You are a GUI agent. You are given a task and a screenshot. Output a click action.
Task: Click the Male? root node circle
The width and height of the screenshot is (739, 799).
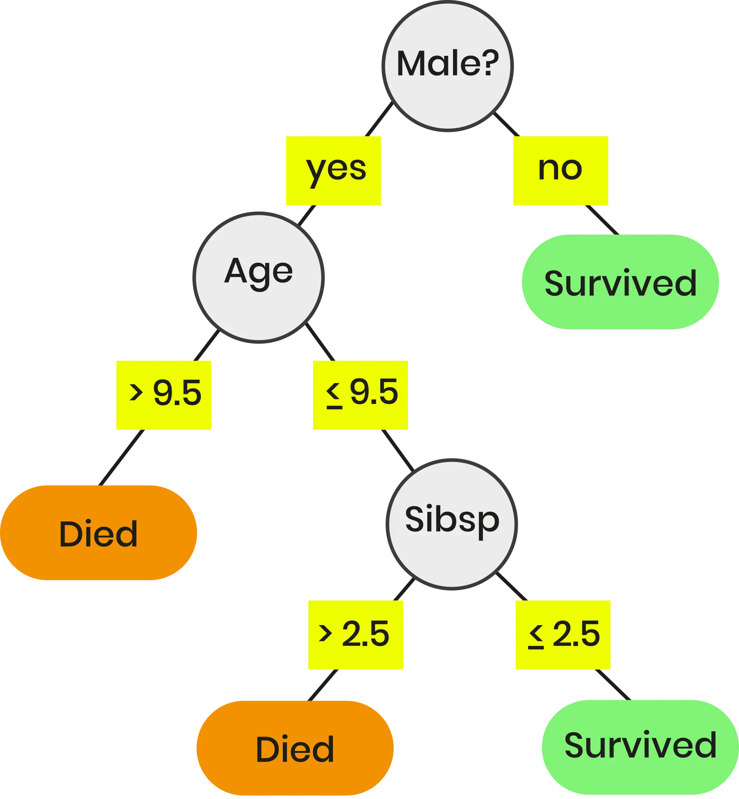coord(447,65)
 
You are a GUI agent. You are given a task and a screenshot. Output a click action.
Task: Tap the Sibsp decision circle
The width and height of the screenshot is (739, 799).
coord(452,524)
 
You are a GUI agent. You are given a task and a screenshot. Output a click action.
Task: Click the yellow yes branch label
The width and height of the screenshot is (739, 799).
coord(333,171)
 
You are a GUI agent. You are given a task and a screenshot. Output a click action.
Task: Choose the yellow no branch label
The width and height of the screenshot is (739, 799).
coord(560,171)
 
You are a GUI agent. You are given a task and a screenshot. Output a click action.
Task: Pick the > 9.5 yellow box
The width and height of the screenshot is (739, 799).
coord(163,395)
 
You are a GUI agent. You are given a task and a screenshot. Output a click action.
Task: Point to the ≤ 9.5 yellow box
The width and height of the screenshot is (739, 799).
coord(360,395)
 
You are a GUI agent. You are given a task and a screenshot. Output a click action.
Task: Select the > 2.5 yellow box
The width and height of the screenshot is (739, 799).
coord(355,635)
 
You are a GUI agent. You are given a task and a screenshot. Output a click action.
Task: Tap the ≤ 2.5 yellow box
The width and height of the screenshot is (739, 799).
coord(563,635)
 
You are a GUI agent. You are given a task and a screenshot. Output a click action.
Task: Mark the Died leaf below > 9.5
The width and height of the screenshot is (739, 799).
coord(99,533)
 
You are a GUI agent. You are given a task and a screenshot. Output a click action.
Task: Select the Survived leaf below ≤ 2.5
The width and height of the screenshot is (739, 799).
coord(640,746)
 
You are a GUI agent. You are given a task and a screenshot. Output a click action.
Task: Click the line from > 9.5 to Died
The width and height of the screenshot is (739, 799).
coord(122,458)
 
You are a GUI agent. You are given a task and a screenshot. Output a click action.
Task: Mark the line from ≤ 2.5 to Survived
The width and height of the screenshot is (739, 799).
coord(613,685)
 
